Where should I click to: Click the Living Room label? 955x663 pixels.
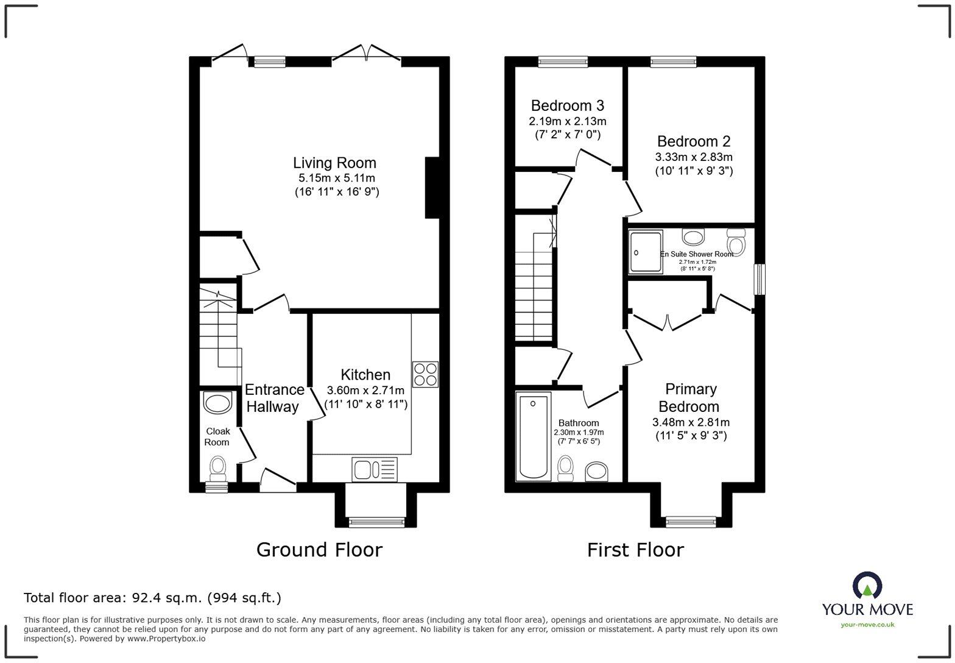click(335, 163)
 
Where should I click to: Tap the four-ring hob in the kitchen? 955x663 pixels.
click(425, 375)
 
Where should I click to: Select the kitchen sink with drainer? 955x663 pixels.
click(375, 469)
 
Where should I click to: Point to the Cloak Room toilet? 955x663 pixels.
click(217, 469)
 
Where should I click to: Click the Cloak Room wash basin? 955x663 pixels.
click(217, 403)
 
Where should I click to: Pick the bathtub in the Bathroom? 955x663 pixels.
click(534, 436)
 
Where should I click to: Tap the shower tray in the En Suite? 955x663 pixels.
click(646, 252)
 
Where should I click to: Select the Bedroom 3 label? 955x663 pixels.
click(568, 105)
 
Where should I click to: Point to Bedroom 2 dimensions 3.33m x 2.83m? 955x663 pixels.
click(694, 157)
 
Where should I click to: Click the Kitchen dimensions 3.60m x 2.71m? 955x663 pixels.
click(365, 390)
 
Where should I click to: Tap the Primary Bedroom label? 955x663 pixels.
click(691, 398)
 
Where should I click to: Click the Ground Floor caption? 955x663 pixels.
click(319, 550)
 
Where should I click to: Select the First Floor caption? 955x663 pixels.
click(635, 550)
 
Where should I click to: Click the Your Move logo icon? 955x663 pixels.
click(867, 586)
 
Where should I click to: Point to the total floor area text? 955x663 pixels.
click(153, 598)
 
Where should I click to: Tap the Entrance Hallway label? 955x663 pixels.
click(274, 398)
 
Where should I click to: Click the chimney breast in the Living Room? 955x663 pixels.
click(432, 188)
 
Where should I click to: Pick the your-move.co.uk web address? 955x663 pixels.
click(867, 625)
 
